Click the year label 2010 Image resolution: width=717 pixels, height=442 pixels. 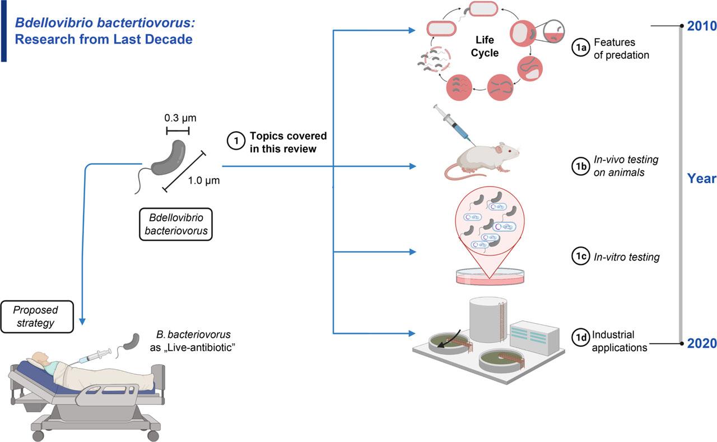(x=702, y=26)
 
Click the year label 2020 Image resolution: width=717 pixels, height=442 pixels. (x=702, y=343)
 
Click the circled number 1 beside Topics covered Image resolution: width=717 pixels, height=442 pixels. (x=236, y=142)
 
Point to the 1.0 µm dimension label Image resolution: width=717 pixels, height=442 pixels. (x=203, y=180)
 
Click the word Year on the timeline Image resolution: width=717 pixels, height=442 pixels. (x=702, y=179)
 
